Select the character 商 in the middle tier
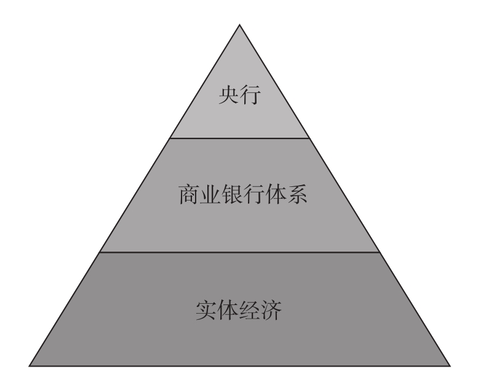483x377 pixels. (187, 196)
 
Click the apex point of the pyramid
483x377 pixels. (240, 24)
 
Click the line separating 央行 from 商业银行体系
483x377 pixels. (240, 138)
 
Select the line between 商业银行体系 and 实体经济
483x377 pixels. (240, 252)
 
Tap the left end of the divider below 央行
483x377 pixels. (170, 138)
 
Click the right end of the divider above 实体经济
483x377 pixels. (380, 252)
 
